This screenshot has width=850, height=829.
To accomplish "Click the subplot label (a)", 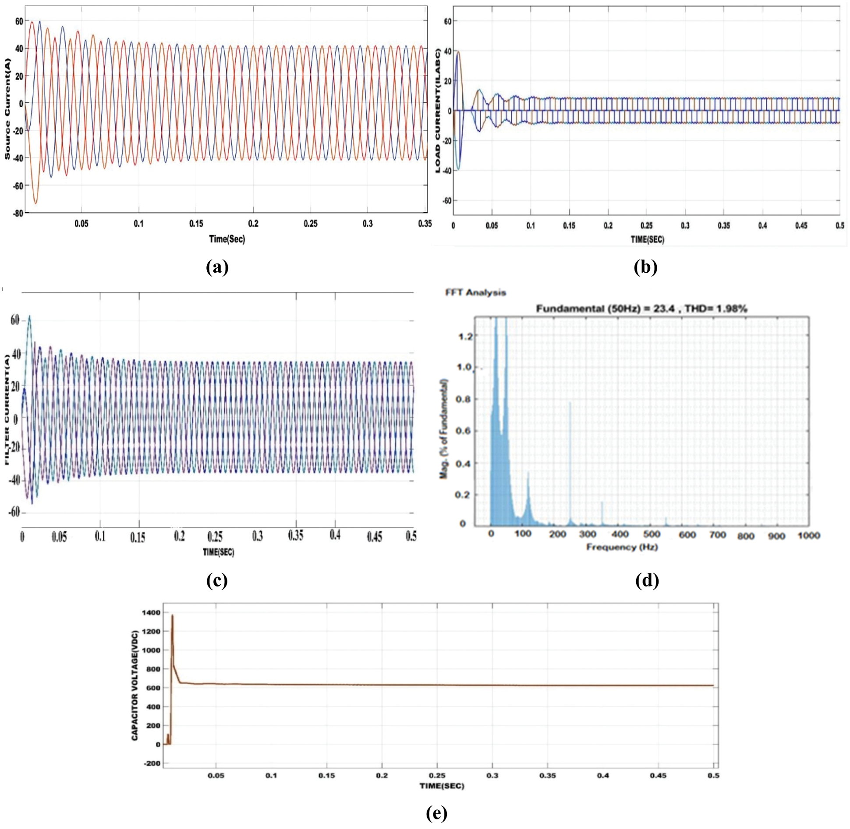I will click(217, 267).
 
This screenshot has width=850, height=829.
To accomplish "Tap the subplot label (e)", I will click(436, 813).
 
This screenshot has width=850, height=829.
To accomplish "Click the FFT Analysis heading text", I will click(475, 292).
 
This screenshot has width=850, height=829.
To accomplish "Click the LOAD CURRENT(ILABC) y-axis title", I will click(437, 111).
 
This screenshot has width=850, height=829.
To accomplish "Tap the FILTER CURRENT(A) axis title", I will click(7, 410).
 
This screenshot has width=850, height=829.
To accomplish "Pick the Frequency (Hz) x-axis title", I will click(622, 547).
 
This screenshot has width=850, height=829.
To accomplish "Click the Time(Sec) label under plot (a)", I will click(227, 239).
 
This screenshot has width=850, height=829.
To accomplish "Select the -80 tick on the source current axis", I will click(18, 214).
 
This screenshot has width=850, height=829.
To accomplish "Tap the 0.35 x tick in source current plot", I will click(425, 224).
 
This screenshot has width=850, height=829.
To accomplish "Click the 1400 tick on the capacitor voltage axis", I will click(151, 612).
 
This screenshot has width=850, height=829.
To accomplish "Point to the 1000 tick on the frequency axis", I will click(808, 535).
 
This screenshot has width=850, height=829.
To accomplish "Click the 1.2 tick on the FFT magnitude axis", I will click(465, 336).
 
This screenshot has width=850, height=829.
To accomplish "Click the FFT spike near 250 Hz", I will click(570, 403).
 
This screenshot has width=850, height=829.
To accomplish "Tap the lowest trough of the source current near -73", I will click(36, 203).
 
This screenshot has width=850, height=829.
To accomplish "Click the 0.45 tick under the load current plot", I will click(801, 225).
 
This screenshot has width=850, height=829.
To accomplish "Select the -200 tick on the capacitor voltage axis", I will click(152, 763).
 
